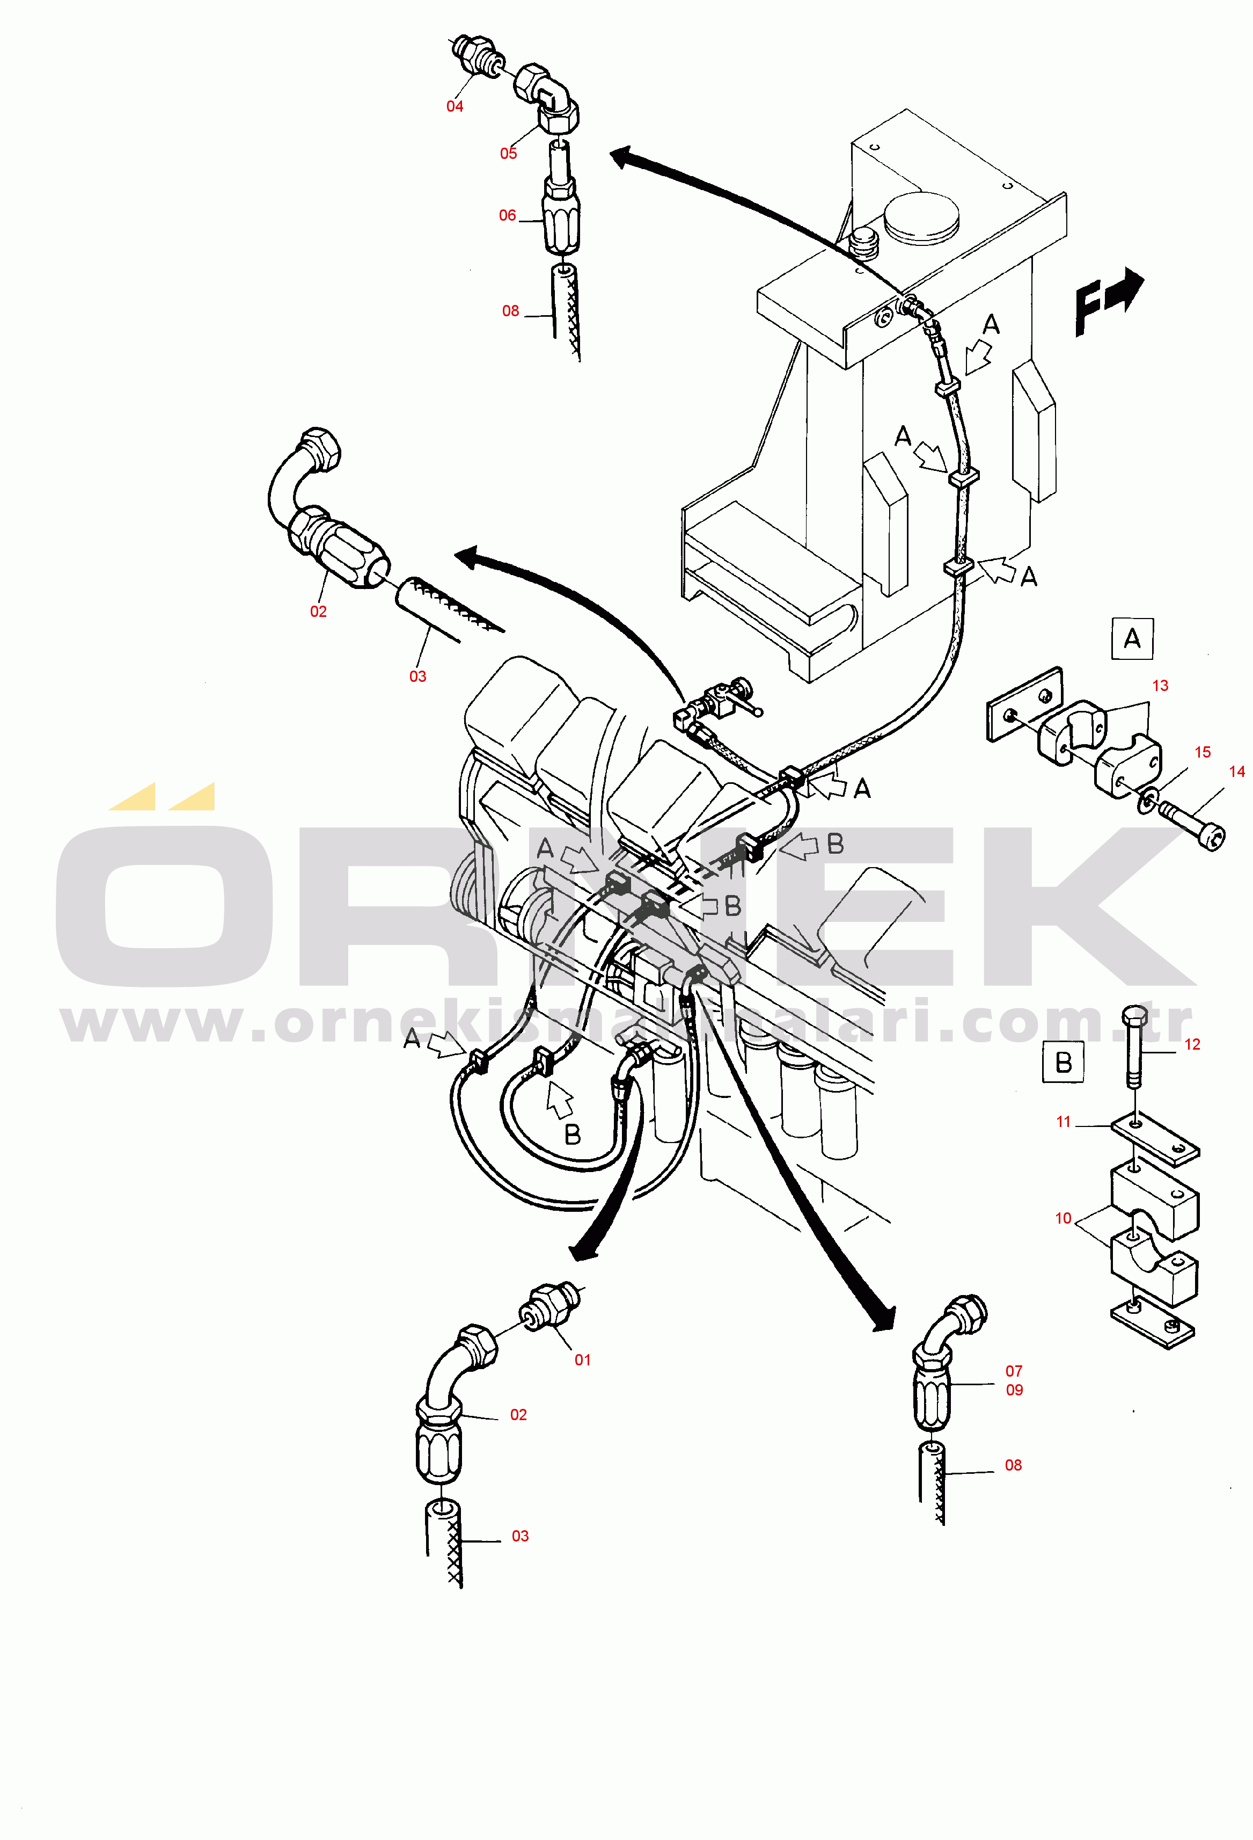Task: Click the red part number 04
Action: coord(455,106)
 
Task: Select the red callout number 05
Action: coord(508,154)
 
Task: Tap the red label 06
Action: coord(508,215)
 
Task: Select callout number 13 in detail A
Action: coord(1160,686)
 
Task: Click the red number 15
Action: coord(1203,752)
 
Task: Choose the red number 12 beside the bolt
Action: coord(1192,1044)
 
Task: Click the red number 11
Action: coord(1063,1122)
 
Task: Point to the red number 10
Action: coord(1063,1218)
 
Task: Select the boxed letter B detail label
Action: coord(1063,1063)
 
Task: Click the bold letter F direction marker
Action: coord(1091,308)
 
